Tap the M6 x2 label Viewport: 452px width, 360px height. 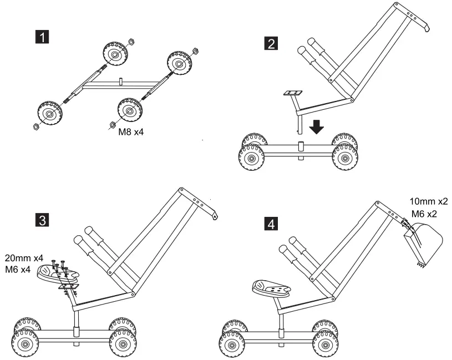pyautogui.click(x=424, y=213)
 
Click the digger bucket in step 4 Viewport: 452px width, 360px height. pyautogui.click(x=424, y=242)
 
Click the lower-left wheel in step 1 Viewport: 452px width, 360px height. pyautogui.click(x=50, y=114)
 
